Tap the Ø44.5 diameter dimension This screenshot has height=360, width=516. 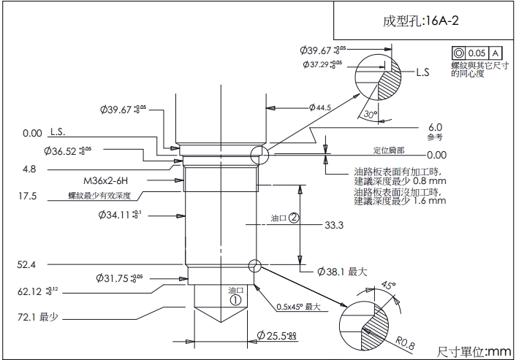[320, 107]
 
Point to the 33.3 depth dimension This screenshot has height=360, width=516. [334, 226]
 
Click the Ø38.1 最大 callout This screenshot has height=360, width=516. [342, 272]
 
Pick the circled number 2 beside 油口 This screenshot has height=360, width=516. [293, 218]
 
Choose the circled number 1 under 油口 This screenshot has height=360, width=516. [235, 299]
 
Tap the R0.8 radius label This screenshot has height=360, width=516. [404, 340]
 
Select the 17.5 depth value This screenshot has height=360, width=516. [28, 196]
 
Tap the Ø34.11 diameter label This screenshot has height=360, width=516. [121, 215]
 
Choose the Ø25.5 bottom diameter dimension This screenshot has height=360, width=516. [278, 336]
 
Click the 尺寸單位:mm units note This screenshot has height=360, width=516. [474, 351]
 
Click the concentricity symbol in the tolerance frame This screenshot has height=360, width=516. [459, 53]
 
